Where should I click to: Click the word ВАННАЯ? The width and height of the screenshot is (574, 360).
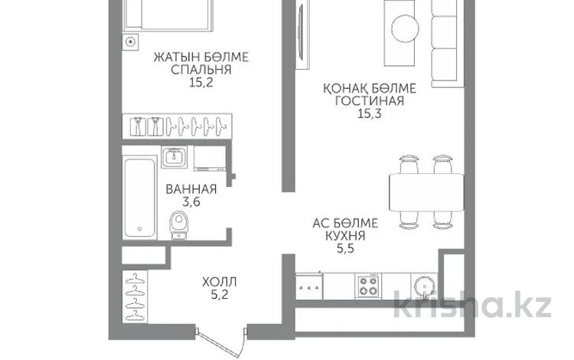(191, 190)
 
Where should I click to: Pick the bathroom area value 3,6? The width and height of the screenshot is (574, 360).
(191, 203)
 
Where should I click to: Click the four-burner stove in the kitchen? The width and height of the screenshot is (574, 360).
(369, 286)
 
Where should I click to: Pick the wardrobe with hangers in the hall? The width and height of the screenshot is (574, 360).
(135, 295)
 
